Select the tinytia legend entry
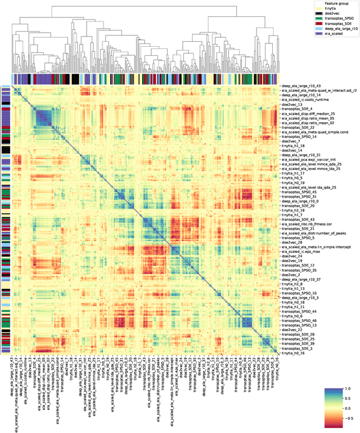coord(332,10)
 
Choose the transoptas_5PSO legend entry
coord(340,21)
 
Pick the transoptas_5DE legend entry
coord(340,26)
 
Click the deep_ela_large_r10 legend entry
coord(341,33)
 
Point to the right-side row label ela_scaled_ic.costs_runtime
coord(307,100)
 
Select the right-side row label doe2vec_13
coord(292,105)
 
